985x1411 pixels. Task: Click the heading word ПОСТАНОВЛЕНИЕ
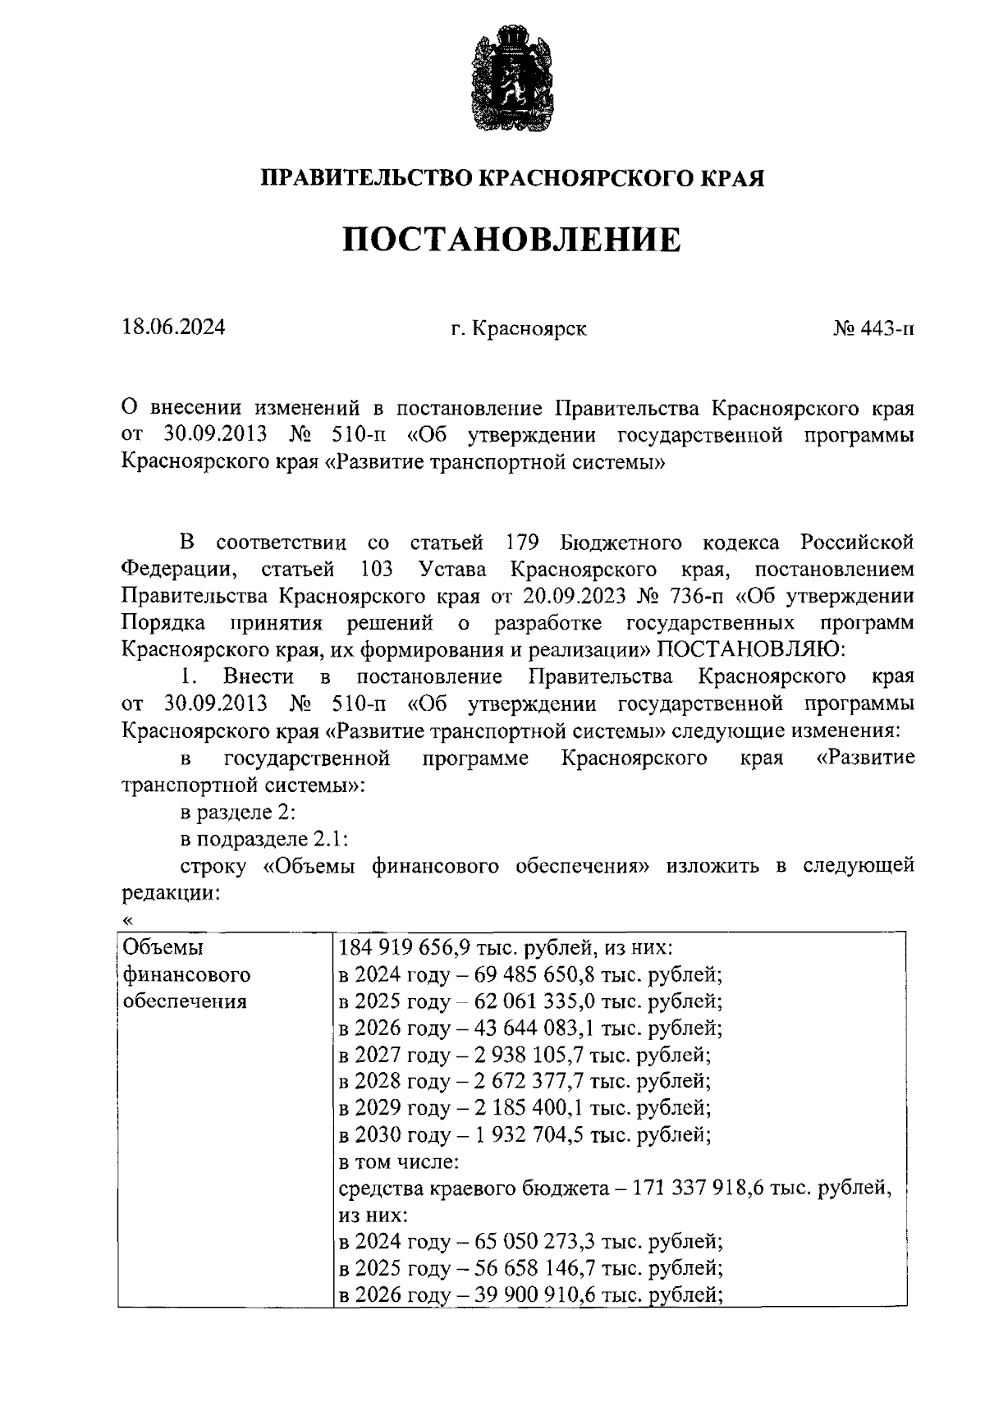[511, 240]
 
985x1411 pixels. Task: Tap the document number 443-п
[886, 329]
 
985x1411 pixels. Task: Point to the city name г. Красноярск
[519, 329]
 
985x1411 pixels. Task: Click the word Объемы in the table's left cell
[163, 948]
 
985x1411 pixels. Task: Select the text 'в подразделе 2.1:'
[264, 840]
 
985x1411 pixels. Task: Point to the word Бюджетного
[621, 543]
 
